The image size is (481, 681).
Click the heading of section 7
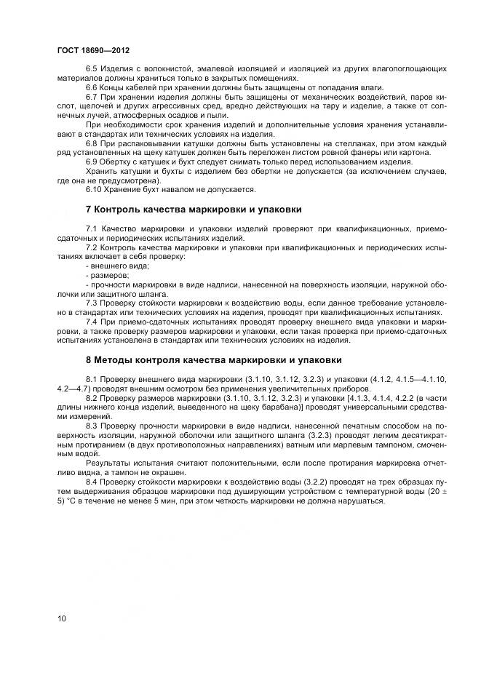[x=194, y=210]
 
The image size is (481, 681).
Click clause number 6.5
[x=92, y=68]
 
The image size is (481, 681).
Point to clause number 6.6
[x=92, y=87]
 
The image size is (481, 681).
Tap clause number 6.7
[x=92, y=97]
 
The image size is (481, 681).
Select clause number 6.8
[x=92, y=143]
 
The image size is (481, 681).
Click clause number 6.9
[x=92, y=162]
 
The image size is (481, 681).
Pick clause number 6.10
[x=95, y=190]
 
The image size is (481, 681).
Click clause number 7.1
[x=92, y=229]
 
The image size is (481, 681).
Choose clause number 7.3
[x=92, y=303]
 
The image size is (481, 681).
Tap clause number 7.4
[x=92, y=322]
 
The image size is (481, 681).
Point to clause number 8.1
[x=92, y=379]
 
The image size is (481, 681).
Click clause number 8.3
[x=92, y=426]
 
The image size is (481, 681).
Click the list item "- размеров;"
[x=108, y=276]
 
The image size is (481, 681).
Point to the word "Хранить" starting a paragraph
[x=101, y=171]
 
